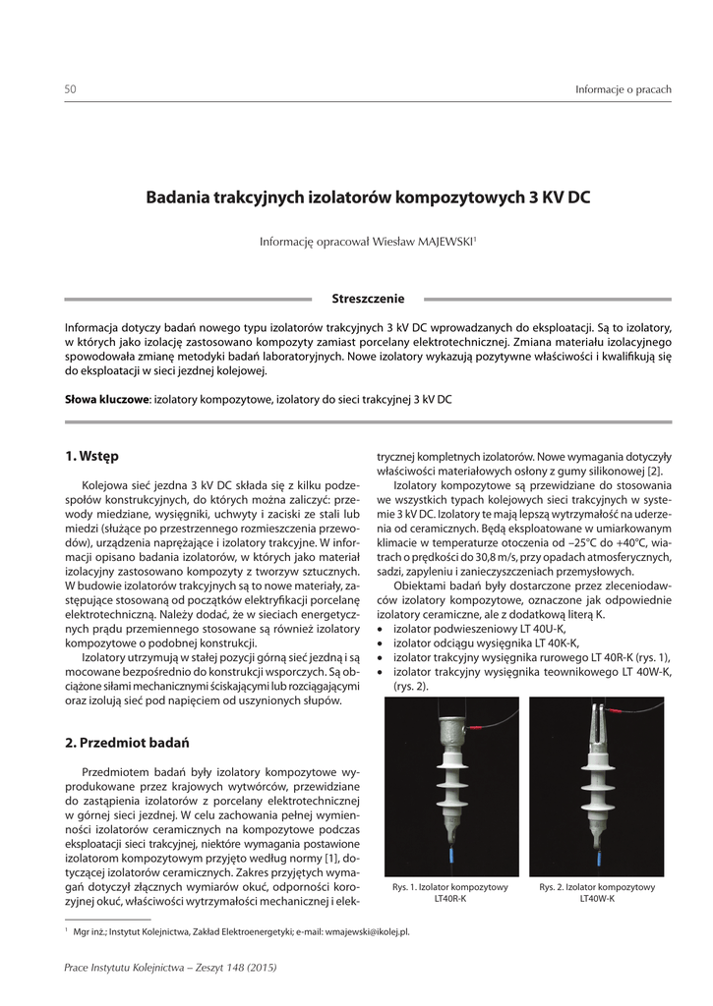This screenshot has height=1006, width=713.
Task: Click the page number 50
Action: (x=70, y=90)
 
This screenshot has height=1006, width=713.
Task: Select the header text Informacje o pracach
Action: (x=623, y=90)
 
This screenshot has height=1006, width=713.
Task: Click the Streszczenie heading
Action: (x=368, y=299)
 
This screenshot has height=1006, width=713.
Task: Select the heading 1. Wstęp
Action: (x=91, y=456)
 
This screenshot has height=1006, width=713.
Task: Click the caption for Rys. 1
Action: (x=449, y=893)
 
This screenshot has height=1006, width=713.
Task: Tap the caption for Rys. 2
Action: (x=597, y=893)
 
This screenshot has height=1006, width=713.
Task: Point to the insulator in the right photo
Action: (x=597, y=776)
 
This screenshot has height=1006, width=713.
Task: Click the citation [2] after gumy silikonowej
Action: (x=655, y=471)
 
